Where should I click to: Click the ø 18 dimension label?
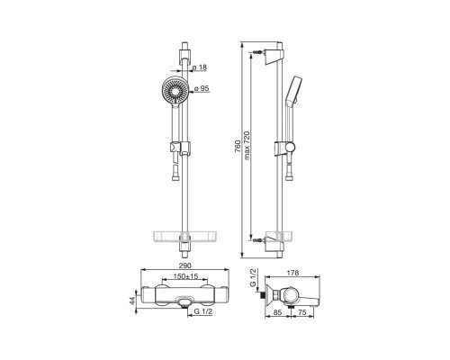(x=200, y=67)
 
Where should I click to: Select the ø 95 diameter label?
(x=202, y=88)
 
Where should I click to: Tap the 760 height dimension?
(x=238, y=147)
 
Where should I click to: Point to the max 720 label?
(x=247, y=146)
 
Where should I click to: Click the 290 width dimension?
(x=185, y=265)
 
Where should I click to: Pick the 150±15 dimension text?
(x=186, y=276)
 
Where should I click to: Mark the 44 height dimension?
(x=132, y=301)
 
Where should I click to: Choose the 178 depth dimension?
(x=292, y=273)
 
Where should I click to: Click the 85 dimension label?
(x=278, y=312)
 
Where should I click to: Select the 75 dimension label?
(x=302, y=312)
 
